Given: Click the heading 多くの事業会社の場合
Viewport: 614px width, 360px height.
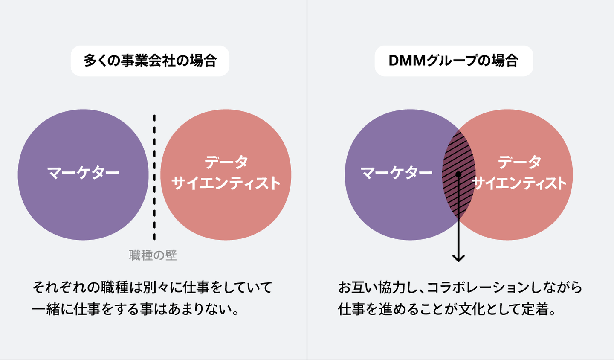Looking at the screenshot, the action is [x=150, y=61].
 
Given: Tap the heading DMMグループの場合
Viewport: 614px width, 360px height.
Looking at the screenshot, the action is [x=454, y=61].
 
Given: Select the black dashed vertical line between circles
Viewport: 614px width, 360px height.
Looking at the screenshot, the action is [x=155, y=177].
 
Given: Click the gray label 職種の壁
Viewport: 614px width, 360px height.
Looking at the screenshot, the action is [x=153, y=255].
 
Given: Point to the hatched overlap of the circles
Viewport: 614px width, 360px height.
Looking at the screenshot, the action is [x=459, y=174].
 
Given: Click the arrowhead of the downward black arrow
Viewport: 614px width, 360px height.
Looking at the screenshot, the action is [x=459, y=258].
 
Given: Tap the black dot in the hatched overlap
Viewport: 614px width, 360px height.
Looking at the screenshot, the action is [x=459, y=174].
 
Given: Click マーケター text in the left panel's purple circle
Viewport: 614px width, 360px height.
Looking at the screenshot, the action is [x=83, y=173].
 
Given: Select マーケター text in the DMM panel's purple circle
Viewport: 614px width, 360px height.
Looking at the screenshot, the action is [x=397, y=173].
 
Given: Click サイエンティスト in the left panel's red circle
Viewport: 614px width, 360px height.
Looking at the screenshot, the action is [x=226, y=183].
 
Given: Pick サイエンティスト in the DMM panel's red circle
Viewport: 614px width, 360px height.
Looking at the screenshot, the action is [x=519, y=183].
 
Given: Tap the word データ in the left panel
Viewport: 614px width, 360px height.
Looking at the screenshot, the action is [x=226, y=162].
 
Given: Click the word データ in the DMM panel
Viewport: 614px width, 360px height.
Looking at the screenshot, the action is [x=519, y=162].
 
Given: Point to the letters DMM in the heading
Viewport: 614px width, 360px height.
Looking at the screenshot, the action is [x=407, y=61].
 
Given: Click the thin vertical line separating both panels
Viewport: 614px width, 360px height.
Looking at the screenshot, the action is [x=307, y=180].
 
